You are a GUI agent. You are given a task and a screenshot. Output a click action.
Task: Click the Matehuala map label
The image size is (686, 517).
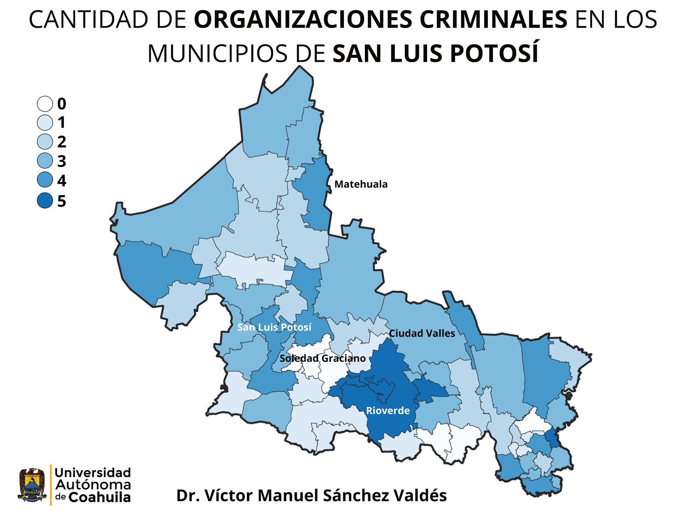(361, 184)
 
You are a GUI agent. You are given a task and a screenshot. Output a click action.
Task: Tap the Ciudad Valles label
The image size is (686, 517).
(422, 334)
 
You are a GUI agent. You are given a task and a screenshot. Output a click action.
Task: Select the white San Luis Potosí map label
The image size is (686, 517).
(274, 328)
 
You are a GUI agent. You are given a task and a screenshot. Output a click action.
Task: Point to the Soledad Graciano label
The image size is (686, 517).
(322, 358)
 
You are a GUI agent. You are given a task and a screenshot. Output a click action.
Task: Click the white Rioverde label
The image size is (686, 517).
(388, 411)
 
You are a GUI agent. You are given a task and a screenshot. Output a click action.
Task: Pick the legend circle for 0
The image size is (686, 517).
(45, 104)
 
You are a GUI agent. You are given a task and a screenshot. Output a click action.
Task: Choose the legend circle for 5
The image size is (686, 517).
(45, 201)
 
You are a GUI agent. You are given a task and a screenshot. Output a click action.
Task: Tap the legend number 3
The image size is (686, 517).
(62, 161)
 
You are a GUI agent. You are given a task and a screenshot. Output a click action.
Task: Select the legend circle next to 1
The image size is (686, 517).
(45, 123)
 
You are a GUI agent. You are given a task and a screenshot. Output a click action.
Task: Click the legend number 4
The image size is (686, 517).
(62, 181)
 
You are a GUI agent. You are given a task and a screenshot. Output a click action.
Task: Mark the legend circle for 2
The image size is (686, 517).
(45, 141)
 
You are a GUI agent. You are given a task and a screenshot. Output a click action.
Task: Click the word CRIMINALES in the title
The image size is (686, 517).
(493, 20)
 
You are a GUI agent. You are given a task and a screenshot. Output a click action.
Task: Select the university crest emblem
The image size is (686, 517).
(32, 485)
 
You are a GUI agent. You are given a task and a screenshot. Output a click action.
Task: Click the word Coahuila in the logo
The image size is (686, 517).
(99, 497)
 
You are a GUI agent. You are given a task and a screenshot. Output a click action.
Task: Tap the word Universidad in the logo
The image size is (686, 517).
(93, 473)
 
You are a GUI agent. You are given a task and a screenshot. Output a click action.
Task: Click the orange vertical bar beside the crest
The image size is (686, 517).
(51, 485)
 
